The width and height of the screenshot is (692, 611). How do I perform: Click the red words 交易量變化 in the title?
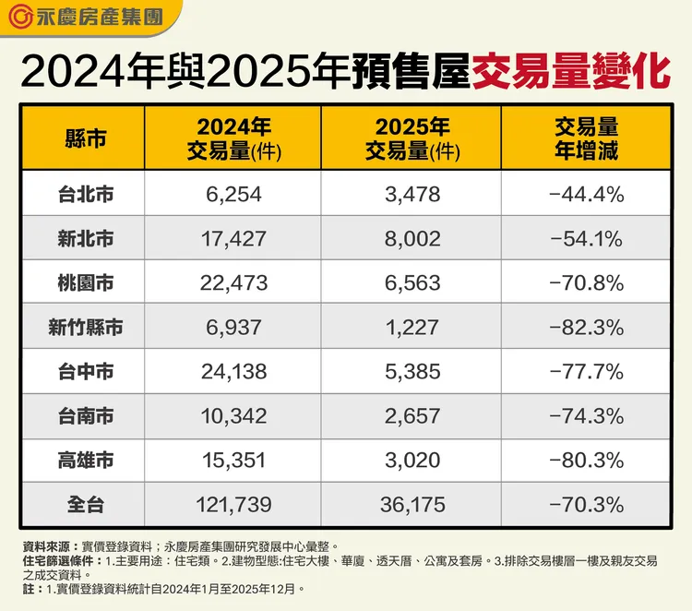tap(570, 71)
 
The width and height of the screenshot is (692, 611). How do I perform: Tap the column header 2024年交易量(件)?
tap(234, 138)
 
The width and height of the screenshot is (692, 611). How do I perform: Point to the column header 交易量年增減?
tap(587, 138)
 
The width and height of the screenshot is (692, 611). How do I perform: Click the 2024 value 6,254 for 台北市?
tap(234, 194)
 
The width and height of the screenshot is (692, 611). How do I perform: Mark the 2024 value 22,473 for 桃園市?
tap(234, 283)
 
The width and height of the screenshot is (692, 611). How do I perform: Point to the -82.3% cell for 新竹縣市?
tap(587, 327)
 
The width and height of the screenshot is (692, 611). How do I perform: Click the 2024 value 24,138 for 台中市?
tap(234, 372)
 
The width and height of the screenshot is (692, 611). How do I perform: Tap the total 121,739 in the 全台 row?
tap(234, 505)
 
